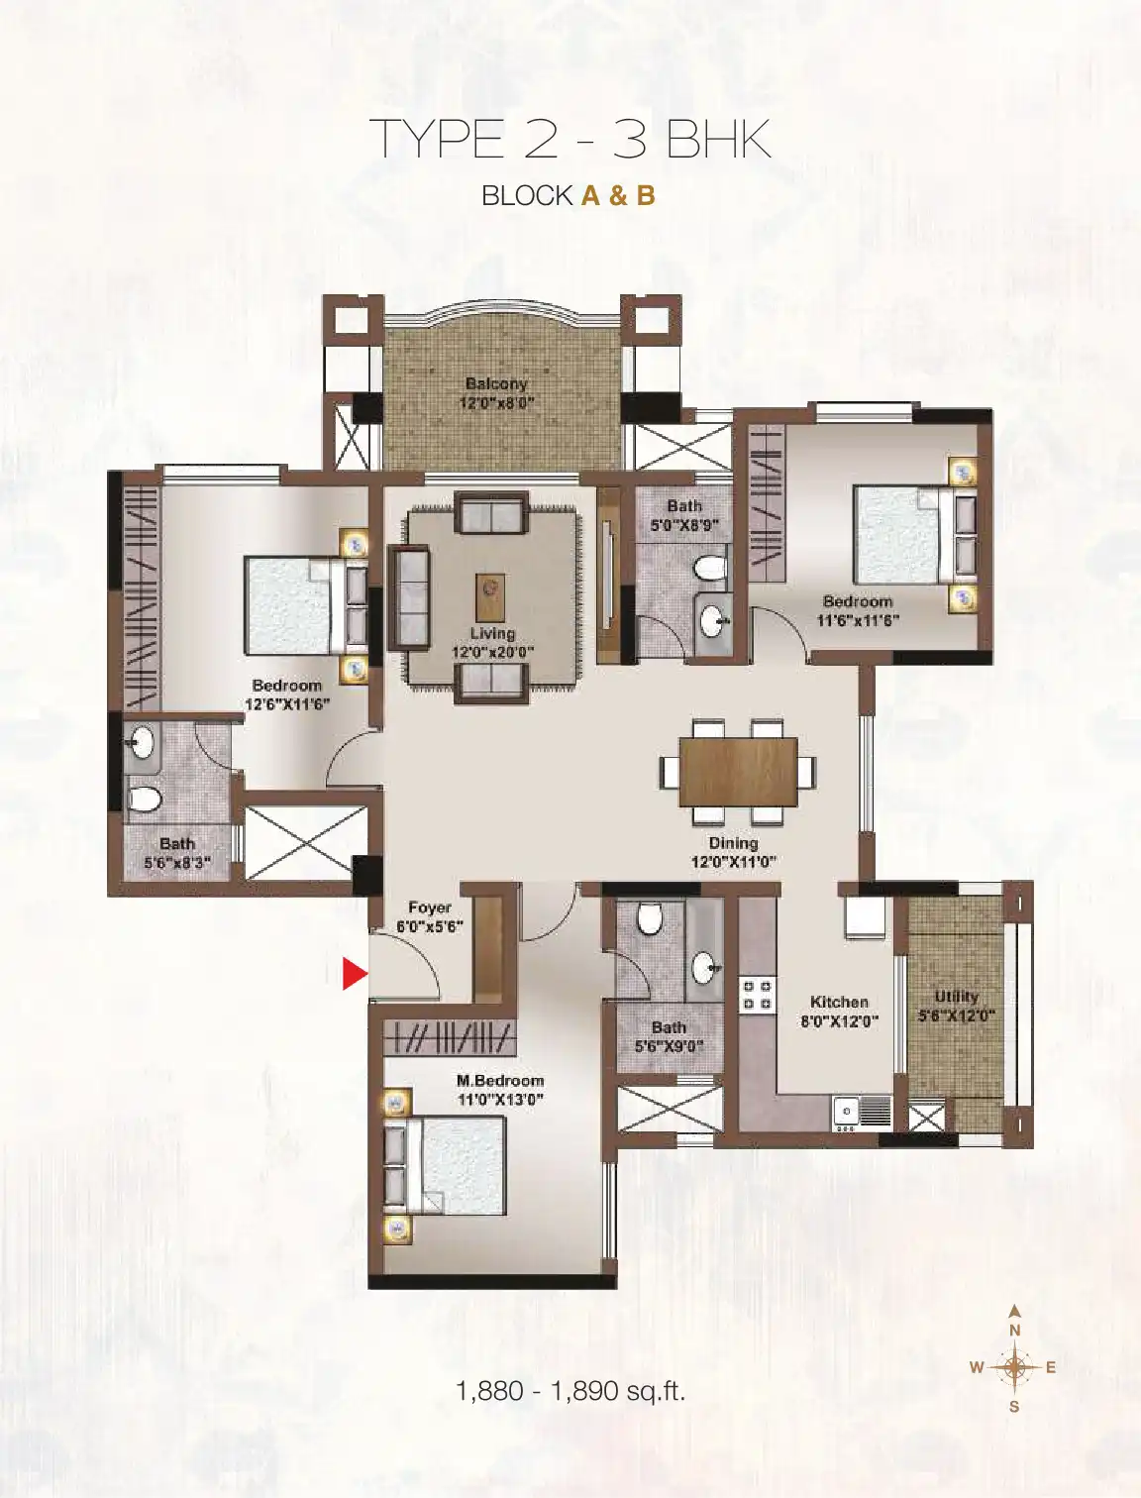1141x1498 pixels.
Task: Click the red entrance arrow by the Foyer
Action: click(x=355, y=974)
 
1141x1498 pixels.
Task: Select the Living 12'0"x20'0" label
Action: click(x=492, y=642)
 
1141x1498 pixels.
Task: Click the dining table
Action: click(x=739, y=772)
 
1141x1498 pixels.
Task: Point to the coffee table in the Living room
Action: click(x=490, y=597)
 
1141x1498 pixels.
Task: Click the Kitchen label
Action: click(x=839, y=1002)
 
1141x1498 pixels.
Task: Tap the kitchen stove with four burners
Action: click(x=757, y=995)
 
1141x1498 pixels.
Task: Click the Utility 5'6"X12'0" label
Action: click(x=956, y=1006)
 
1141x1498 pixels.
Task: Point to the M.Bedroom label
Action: click(x=500, y=1080)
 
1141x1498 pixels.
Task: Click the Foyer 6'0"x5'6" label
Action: click(x=430, y=916)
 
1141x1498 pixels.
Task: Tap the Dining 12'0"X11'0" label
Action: click(x=734, y=852)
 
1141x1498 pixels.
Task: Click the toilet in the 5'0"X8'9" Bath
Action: click(x=711, y=568)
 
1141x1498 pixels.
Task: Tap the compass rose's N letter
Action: click(x=1014, y=1331)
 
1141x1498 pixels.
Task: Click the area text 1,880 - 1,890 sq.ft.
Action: click(x=570, y=1389)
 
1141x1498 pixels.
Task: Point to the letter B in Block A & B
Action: click(x=645, y=196)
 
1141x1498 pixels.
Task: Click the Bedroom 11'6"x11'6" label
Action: click(x=858, y=611)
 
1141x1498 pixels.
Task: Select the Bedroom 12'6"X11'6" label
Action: click(x=287, y=695)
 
